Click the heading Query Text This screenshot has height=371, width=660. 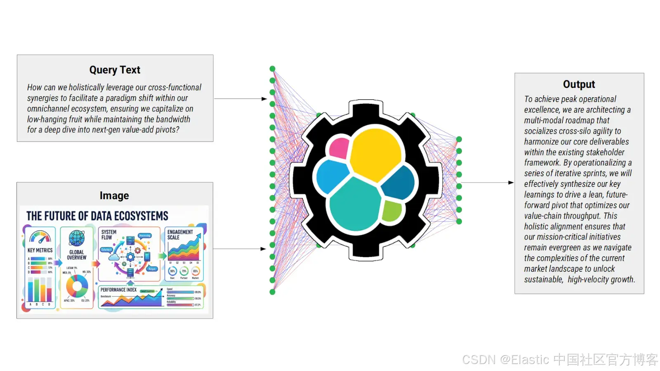115,70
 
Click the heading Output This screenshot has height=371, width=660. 579,85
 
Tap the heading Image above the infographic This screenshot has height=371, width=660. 114,196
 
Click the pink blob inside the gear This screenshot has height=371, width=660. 339,148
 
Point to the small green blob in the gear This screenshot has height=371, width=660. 391,211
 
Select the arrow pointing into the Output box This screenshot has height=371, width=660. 487,183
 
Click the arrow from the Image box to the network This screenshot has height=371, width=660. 240,249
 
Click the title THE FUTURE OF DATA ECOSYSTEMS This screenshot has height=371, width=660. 97,216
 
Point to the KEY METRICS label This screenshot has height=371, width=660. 40,250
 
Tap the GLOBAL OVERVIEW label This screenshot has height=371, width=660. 77,255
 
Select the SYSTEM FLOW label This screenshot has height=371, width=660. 109,235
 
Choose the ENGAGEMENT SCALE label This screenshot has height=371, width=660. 180,235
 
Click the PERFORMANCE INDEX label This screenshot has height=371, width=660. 118,290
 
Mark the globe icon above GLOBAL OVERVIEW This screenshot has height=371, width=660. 77,238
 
